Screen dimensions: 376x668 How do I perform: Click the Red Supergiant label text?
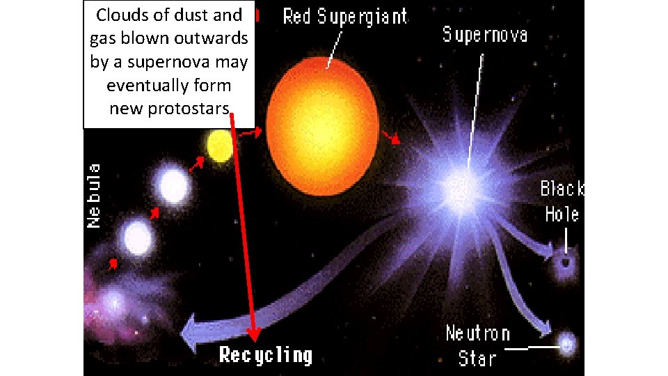[345, 17]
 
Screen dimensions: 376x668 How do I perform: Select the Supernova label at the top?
[485, 34]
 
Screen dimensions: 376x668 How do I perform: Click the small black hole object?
[565, 262]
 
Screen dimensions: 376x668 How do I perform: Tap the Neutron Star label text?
[478, 345]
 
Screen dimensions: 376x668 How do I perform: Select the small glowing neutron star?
[567, 343]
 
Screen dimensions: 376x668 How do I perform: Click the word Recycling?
[266, 355]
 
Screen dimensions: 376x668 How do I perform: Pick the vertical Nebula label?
[94, 195]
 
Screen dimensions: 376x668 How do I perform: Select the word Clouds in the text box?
[120, 15]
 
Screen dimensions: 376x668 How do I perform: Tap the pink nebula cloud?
[115, 299]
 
